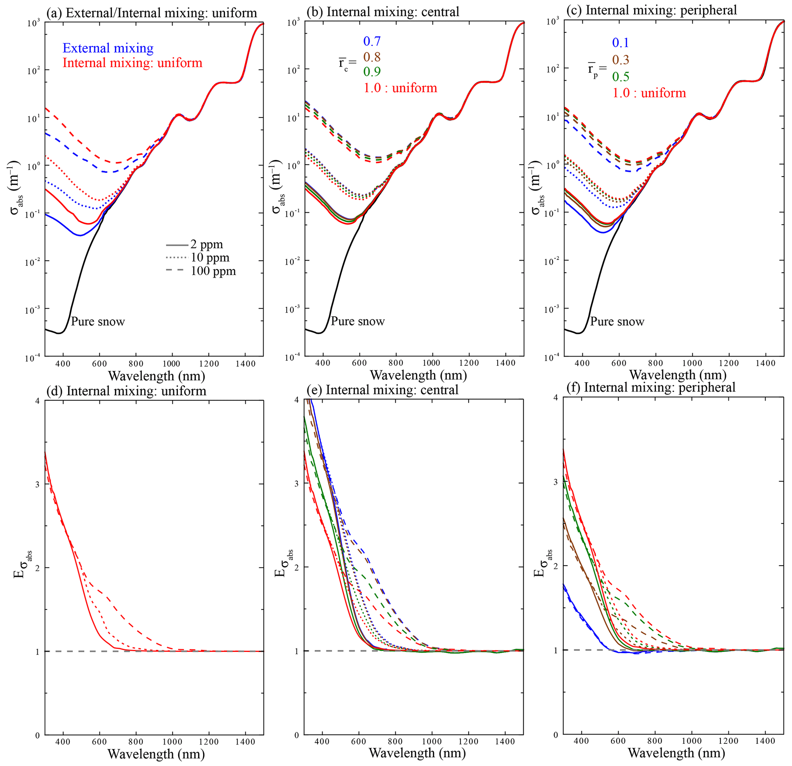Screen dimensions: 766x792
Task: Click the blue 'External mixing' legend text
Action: tap(108, 48)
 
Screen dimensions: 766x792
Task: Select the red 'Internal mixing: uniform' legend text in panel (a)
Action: tap(132, 63)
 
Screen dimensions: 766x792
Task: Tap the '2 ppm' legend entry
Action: tap(207, 244)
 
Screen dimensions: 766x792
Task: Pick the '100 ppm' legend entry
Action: tap(213, 271)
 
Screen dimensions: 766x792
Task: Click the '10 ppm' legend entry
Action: tap(210, 258)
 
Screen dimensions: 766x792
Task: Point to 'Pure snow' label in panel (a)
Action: tap(98, 322)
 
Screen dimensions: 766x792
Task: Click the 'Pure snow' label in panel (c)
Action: tap(617, 322)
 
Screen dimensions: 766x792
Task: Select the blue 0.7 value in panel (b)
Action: tap(372, 41)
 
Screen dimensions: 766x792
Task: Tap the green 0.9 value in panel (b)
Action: tap(372, 72)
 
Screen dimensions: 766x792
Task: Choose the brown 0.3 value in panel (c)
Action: tap(621, 60)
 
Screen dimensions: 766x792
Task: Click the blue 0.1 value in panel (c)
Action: tap(621, 43)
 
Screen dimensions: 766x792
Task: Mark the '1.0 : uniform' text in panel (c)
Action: tap(649, 93)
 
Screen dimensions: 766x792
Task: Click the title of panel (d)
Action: tap(126, 391)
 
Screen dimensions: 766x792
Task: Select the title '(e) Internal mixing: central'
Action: tap(382, 390)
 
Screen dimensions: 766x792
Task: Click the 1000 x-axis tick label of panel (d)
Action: tap(172, 742)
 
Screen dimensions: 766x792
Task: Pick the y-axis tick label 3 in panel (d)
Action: tap(38, 484)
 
